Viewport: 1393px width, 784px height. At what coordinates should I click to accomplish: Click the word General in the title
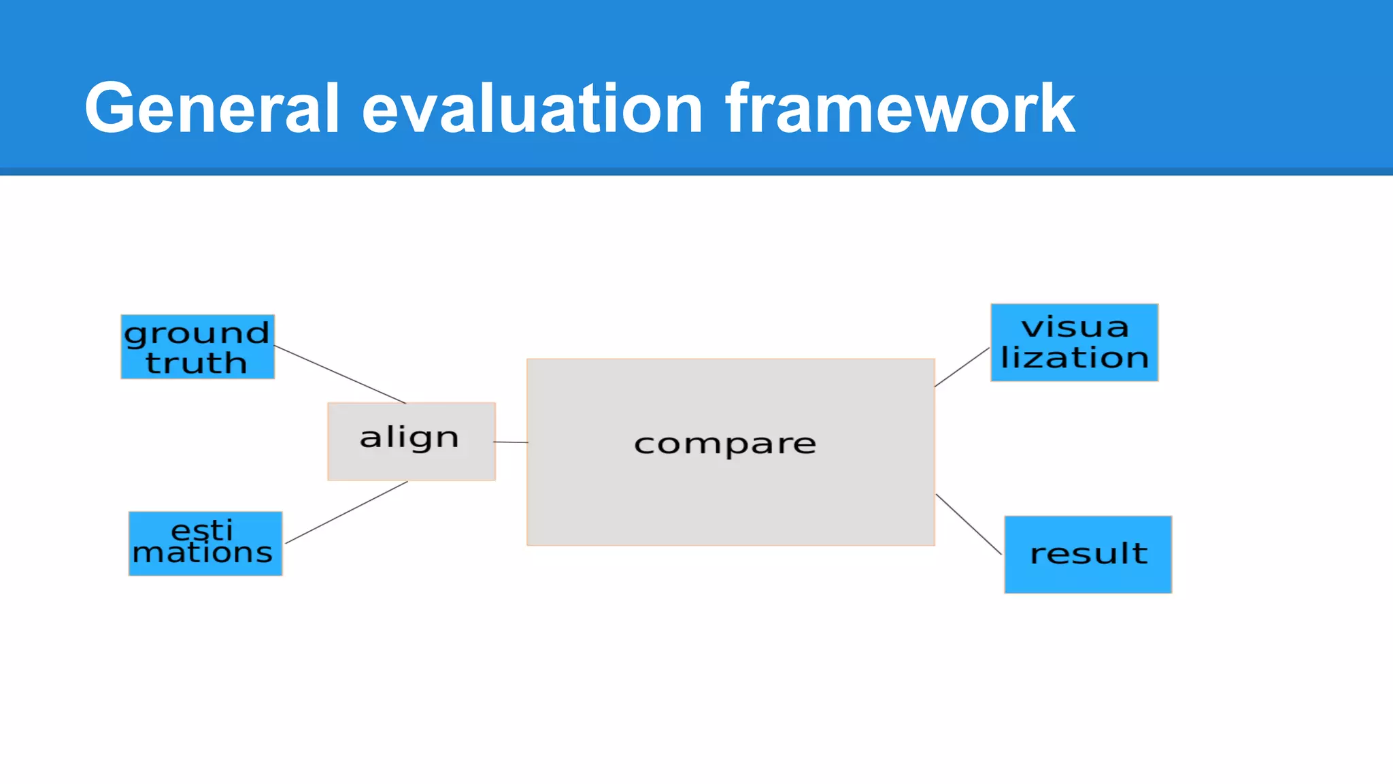[212, 109]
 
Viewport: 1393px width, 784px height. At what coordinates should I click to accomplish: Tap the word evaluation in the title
[532, 109]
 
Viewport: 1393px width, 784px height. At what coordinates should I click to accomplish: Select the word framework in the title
[900, 109]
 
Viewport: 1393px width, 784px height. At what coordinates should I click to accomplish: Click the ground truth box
[197, 347]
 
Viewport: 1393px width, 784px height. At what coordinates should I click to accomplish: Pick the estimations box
[205, 544]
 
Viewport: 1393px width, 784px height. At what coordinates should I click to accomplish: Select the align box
[411, 442]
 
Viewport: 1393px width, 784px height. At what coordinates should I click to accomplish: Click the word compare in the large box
[725, 444]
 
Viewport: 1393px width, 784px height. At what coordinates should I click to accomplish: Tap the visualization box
[1074, 342]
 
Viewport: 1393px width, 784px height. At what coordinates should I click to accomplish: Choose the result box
[1088, 555]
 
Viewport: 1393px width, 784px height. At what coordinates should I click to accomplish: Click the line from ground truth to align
[340, 375]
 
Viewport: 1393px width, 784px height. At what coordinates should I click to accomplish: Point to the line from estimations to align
[346, 512]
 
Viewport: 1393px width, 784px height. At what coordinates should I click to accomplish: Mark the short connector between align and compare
[511, 442]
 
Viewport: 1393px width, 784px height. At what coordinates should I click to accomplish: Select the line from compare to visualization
[962, 367]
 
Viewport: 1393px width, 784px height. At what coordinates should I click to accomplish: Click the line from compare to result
[969, 524]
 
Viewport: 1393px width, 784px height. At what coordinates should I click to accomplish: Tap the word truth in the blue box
[196, 363]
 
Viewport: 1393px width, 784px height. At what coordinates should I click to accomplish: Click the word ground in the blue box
[197, 333]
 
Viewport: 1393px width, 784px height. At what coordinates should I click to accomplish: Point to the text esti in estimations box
[201, 529]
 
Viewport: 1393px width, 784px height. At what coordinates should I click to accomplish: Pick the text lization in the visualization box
[1075, 358]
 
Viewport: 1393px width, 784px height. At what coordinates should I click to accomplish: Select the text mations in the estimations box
[203, 553]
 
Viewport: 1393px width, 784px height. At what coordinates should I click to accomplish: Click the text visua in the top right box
[1075, 327]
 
